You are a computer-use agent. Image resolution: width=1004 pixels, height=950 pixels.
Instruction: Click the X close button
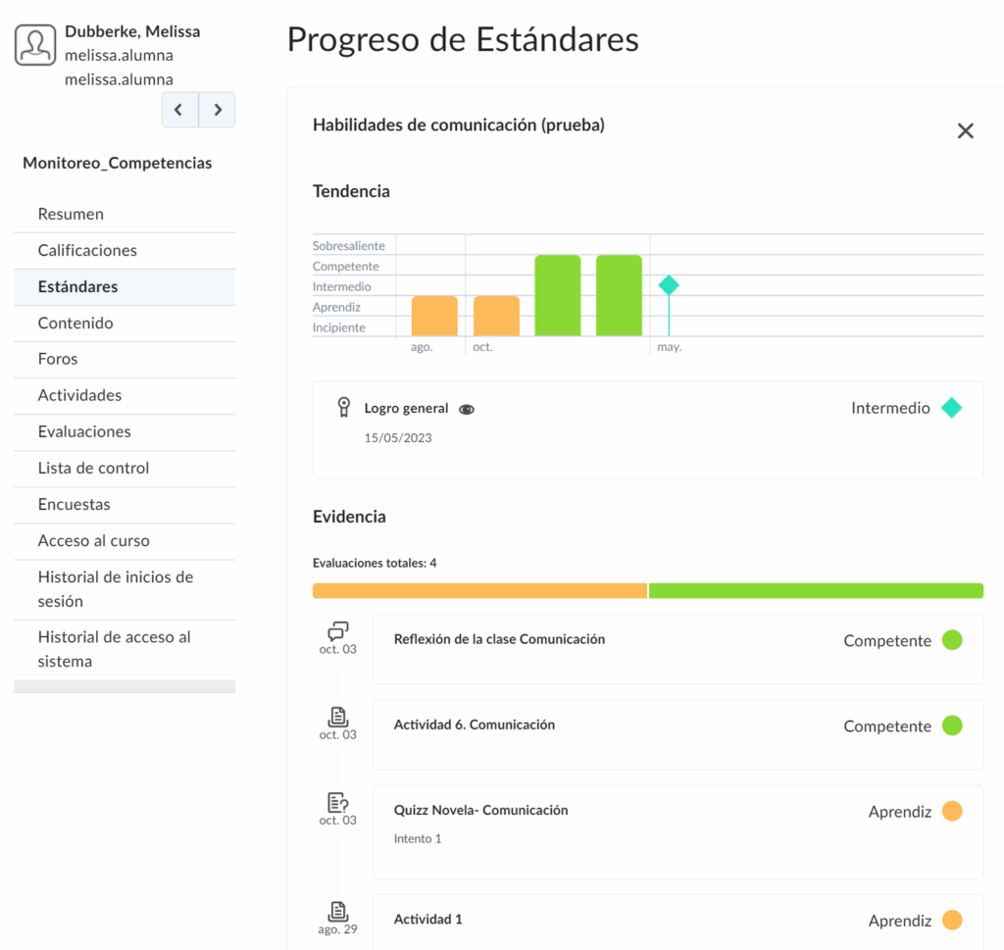click(x=965, y=131)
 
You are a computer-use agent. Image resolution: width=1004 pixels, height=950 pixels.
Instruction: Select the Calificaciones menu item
click(x=87, y=250)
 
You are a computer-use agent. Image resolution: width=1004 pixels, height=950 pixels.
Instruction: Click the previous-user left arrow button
click(x=179, y=110)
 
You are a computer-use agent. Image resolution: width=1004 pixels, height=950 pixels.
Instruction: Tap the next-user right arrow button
click(x=217, y=110)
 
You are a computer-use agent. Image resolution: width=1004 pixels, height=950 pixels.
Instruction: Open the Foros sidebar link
click(x=58, y=359)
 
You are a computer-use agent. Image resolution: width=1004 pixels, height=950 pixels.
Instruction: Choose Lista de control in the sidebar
click(x=93, y=468)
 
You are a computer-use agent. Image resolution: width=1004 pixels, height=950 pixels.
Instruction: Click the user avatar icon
click(x=35, y=45)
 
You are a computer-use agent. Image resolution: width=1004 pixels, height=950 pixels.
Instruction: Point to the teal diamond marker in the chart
click(x=669, y=285)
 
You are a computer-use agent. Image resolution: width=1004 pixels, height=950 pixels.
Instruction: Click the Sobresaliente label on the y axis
click(x=348, y=246)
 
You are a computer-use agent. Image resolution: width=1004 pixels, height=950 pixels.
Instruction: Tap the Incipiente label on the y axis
click(x=339, y=327)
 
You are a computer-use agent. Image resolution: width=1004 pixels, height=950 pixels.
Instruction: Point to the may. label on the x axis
click(x=669, y=347)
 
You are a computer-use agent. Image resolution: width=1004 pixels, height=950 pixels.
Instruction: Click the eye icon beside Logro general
click(x=467, y=410)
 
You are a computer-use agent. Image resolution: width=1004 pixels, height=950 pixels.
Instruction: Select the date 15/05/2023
click(x=398, y=438)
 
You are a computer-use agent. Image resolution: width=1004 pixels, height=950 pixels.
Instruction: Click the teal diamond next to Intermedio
click(x=951, y=408)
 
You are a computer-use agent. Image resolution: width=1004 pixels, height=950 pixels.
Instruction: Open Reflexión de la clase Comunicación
click(x=499, y=639)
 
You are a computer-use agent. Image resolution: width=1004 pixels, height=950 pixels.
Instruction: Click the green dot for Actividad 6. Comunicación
click(x=951, y=725)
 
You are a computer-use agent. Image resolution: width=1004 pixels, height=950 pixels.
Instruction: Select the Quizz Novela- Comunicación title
click(x=480, y=810)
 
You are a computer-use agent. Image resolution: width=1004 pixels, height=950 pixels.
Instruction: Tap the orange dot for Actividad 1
click(x=951, y=920)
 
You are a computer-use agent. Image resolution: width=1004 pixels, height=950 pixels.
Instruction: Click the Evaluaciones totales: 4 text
click(x=375, y=563)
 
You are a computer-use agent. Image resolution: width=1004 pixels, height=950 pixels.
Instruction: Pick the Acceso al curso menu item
click(x=93, y=540)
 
